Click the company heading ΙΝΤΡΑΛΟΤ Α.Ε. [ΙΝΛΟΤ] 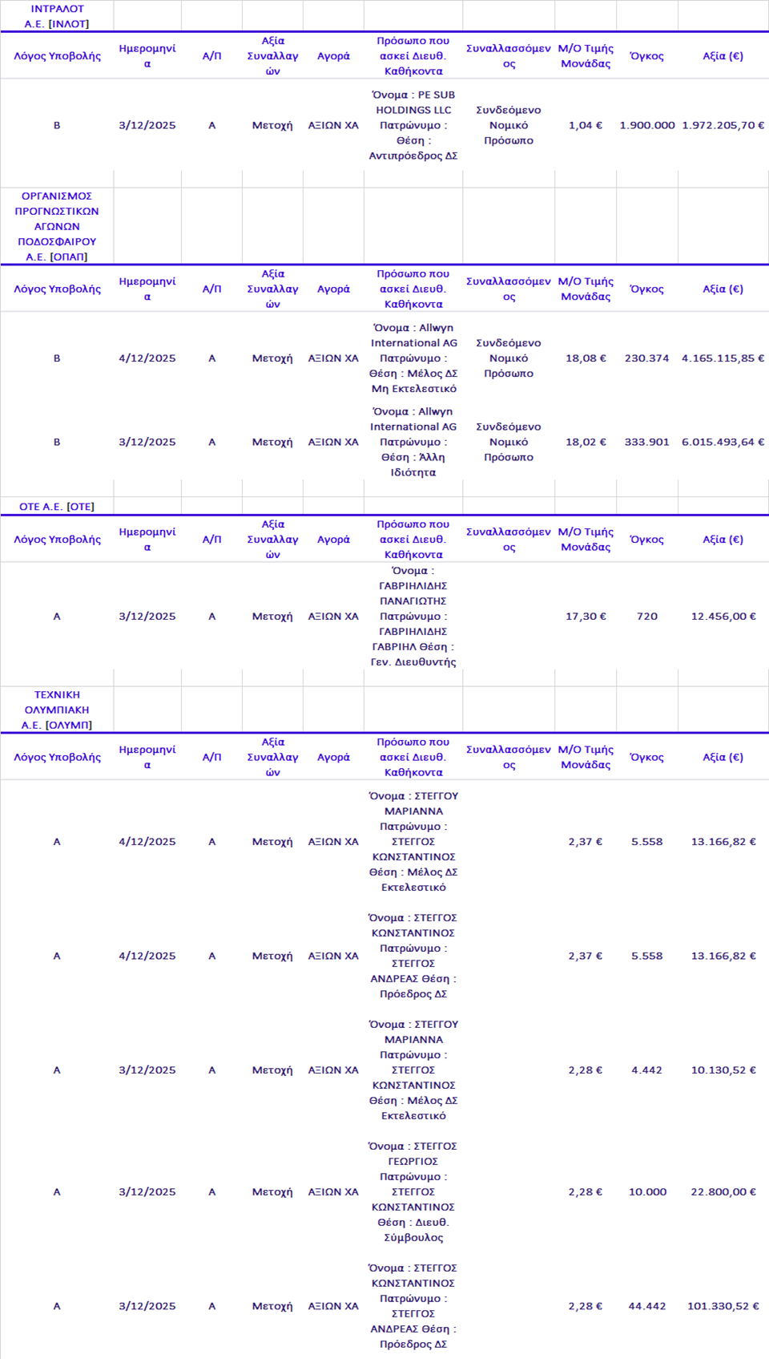[x=56, y=16]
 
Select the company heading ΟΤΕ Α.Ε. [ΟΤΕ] [x=56, y=507]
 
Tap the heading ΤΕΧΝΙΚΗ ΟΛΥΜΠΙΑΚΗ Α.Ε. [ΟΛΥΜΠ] [x=56, y=710]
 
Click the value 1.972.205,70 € [x=723, y=125]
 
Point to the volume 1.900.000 [x=646, y=125]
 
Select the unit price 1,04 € [x=585, y=125]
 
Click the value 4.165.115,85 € [x=723, y=358]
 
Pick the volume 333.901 [x=646, y=442]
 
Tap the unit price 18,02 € [x=585, y=442]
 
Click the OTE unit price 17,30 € [x=585, y=617]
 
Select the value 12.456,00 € [x=723, y=617]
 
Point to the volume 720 [x=646, y=617]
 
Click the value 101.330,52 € [x=723, y=1306]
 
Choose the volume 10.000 [x=646, y=1192]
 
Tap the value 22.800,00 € [x=723, y=1192]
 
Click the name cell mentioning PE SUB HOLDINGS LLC [x=413, y=125]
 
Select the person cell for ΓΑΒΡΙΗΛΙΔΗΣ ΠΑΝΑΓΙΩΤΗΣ [x=413, y=617]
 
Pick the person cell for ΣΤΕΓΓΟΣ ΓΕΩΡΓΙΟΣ [x=413, y=1192]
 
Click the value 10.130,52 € [x=723, y=1070]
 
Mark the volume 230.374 [x=646, y=358]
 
